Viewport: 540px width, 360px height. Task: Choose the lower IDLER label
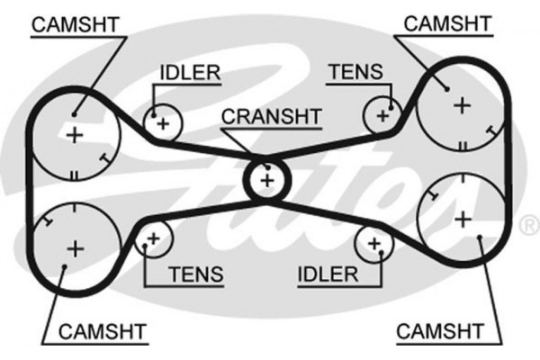[329, 274]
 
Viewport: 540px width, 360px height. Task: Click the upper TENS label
[355, 71]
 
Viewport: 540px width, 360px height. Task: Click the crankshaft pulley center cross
[266, 180]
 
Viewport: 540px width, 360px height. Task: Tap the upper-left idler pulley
[162, 122]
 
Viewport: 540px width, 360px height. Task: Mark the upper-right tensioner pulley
[382, 114]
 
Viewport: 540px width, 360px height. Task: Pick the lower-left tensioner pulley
[153, 238]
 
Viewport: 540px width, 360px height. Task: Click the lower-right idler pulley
[372, 243]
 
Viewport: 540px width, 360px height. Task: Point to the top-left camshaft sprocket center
[74, 135]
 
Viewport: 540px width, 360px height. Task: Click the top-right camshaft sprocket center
[463, 105]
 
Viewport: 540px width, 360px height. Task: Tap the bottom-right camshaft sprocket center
[463, 219]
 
